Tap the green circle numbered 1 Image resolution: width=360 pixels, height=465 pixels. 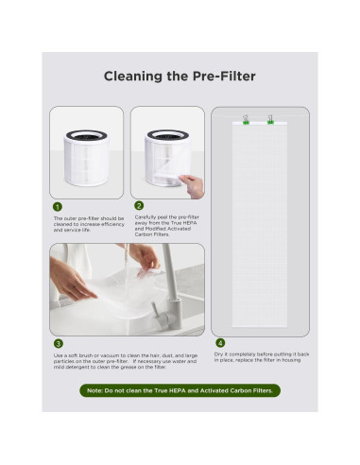point(58,205)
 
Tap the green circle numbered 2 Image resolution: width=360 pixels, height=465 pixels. point(139,205)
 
